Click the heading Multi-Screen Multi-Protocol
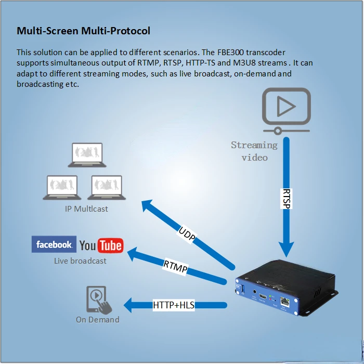[83, 31]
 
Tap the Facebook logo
[54, 244]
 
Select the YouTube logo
[101, 245]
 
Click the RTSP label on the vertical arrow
[286, 199]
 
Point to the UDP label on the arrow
[187, 234]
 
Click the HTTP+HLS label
[174, 305]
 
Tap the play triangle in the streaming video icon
[285, 107]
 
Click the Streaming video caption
[254, 151]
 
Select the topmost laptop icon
[87, 154]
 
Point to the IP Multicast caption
[87, 209]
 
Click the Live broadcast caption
[80, 261]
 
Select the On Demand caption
[97, 319]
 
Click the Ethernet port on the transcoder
[284, 301]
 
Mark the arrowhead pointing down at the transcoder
[286, 244]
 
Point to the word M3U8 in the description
[235, 63]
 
